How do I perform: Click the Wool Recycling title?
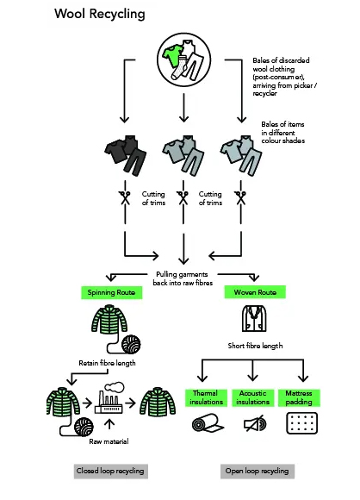pos(100,14)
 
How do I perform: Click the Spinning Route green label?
pos(111,293)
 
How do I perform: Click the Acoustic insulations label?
pos(253,397)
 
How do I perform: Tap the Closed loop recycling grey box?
pos(109,471)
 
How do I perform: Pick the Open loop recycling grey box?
pos(257,471)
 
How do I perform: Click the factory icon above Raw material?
pos(108,399)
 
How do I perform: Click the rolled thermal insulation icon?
pos(205,425)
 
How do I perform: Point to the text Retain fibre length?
pos(107,364)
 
